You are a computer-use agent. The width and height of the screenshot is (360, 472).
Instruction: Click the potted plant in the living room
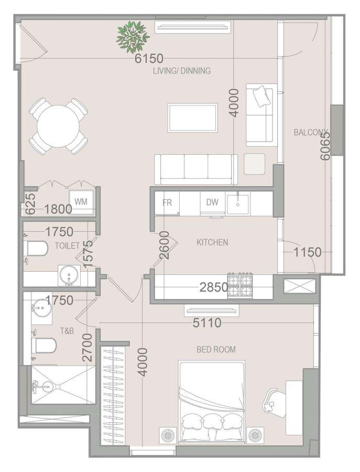point(133,36)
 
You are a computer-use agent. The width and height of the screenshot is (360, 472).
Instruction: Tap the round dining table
point(59,126)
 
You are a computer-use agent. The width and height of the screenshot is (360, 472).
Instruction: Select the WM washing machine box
point(81,201)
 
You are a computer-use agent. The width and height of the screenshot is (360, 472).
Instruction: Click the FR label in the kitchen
point(167,202)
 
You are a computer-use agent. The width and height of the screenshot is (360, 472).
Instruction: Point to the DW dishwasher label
point(212,202)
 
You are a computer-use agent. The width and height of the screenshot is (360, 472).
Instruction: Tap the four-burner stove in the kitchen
point(240,286)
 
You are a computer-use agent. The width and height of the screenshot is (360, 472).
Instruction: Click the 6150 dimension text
point(149,58)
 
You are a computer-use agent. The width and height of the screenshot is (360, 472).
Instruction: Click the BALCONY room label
point(311,133)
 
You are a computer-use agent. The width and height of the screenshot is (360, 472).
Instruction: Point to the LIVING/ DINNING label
point(182,71)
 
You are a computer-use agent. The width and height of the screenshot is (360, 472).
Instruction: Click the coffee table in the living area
point(193,117)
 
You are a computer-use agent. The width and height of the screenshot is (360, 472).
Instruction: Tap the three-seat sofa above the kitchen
point(196,169)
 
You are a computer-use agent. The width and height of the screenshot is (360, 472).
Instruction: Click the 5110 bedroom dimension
point(207,323)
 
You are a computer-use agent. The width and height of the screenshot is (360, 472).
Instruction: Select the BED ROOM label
point(216,349)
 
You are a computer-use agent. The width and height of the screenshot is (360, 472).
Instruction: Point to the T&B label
point(67,331)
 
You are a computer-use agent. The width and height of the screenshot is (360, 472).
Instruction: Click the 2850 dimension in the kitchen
point(214,287)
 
